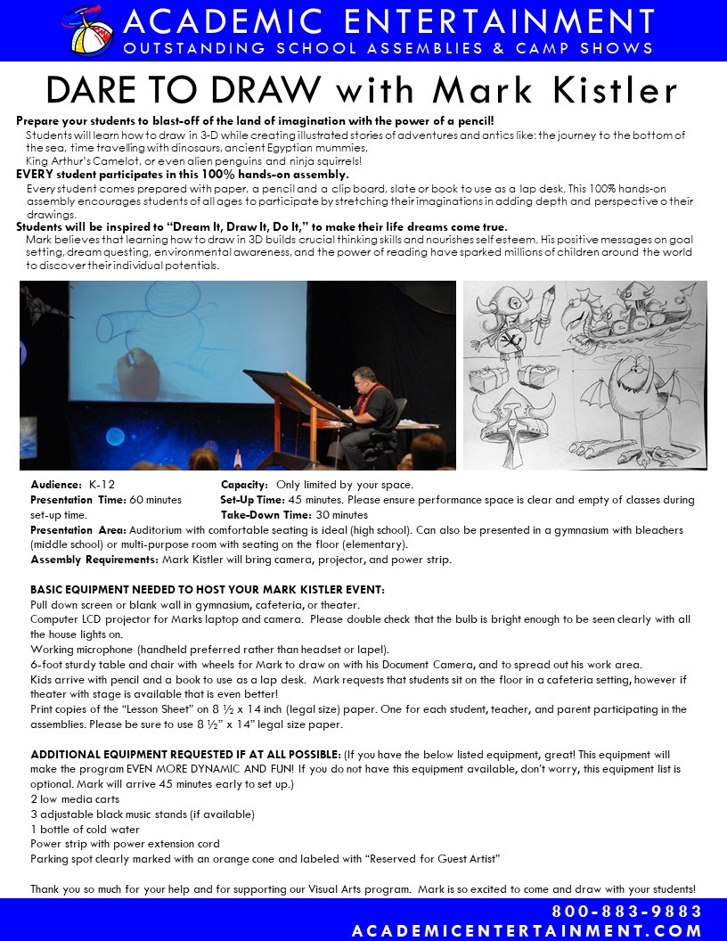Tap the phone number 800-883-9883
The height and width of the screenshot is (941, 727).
click(x=627, y=912)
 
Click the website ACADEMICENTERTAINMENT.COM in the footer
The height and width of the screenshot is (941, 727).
click(x=527, y=930)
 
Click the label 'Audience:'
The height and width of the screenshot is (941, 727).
click(x=56, y=485)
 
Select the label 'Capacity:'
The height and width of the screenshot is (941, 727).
click(x=245, y=485)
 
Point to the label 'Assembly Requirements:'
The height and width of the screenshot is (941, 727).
click(x=94, y=560)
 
